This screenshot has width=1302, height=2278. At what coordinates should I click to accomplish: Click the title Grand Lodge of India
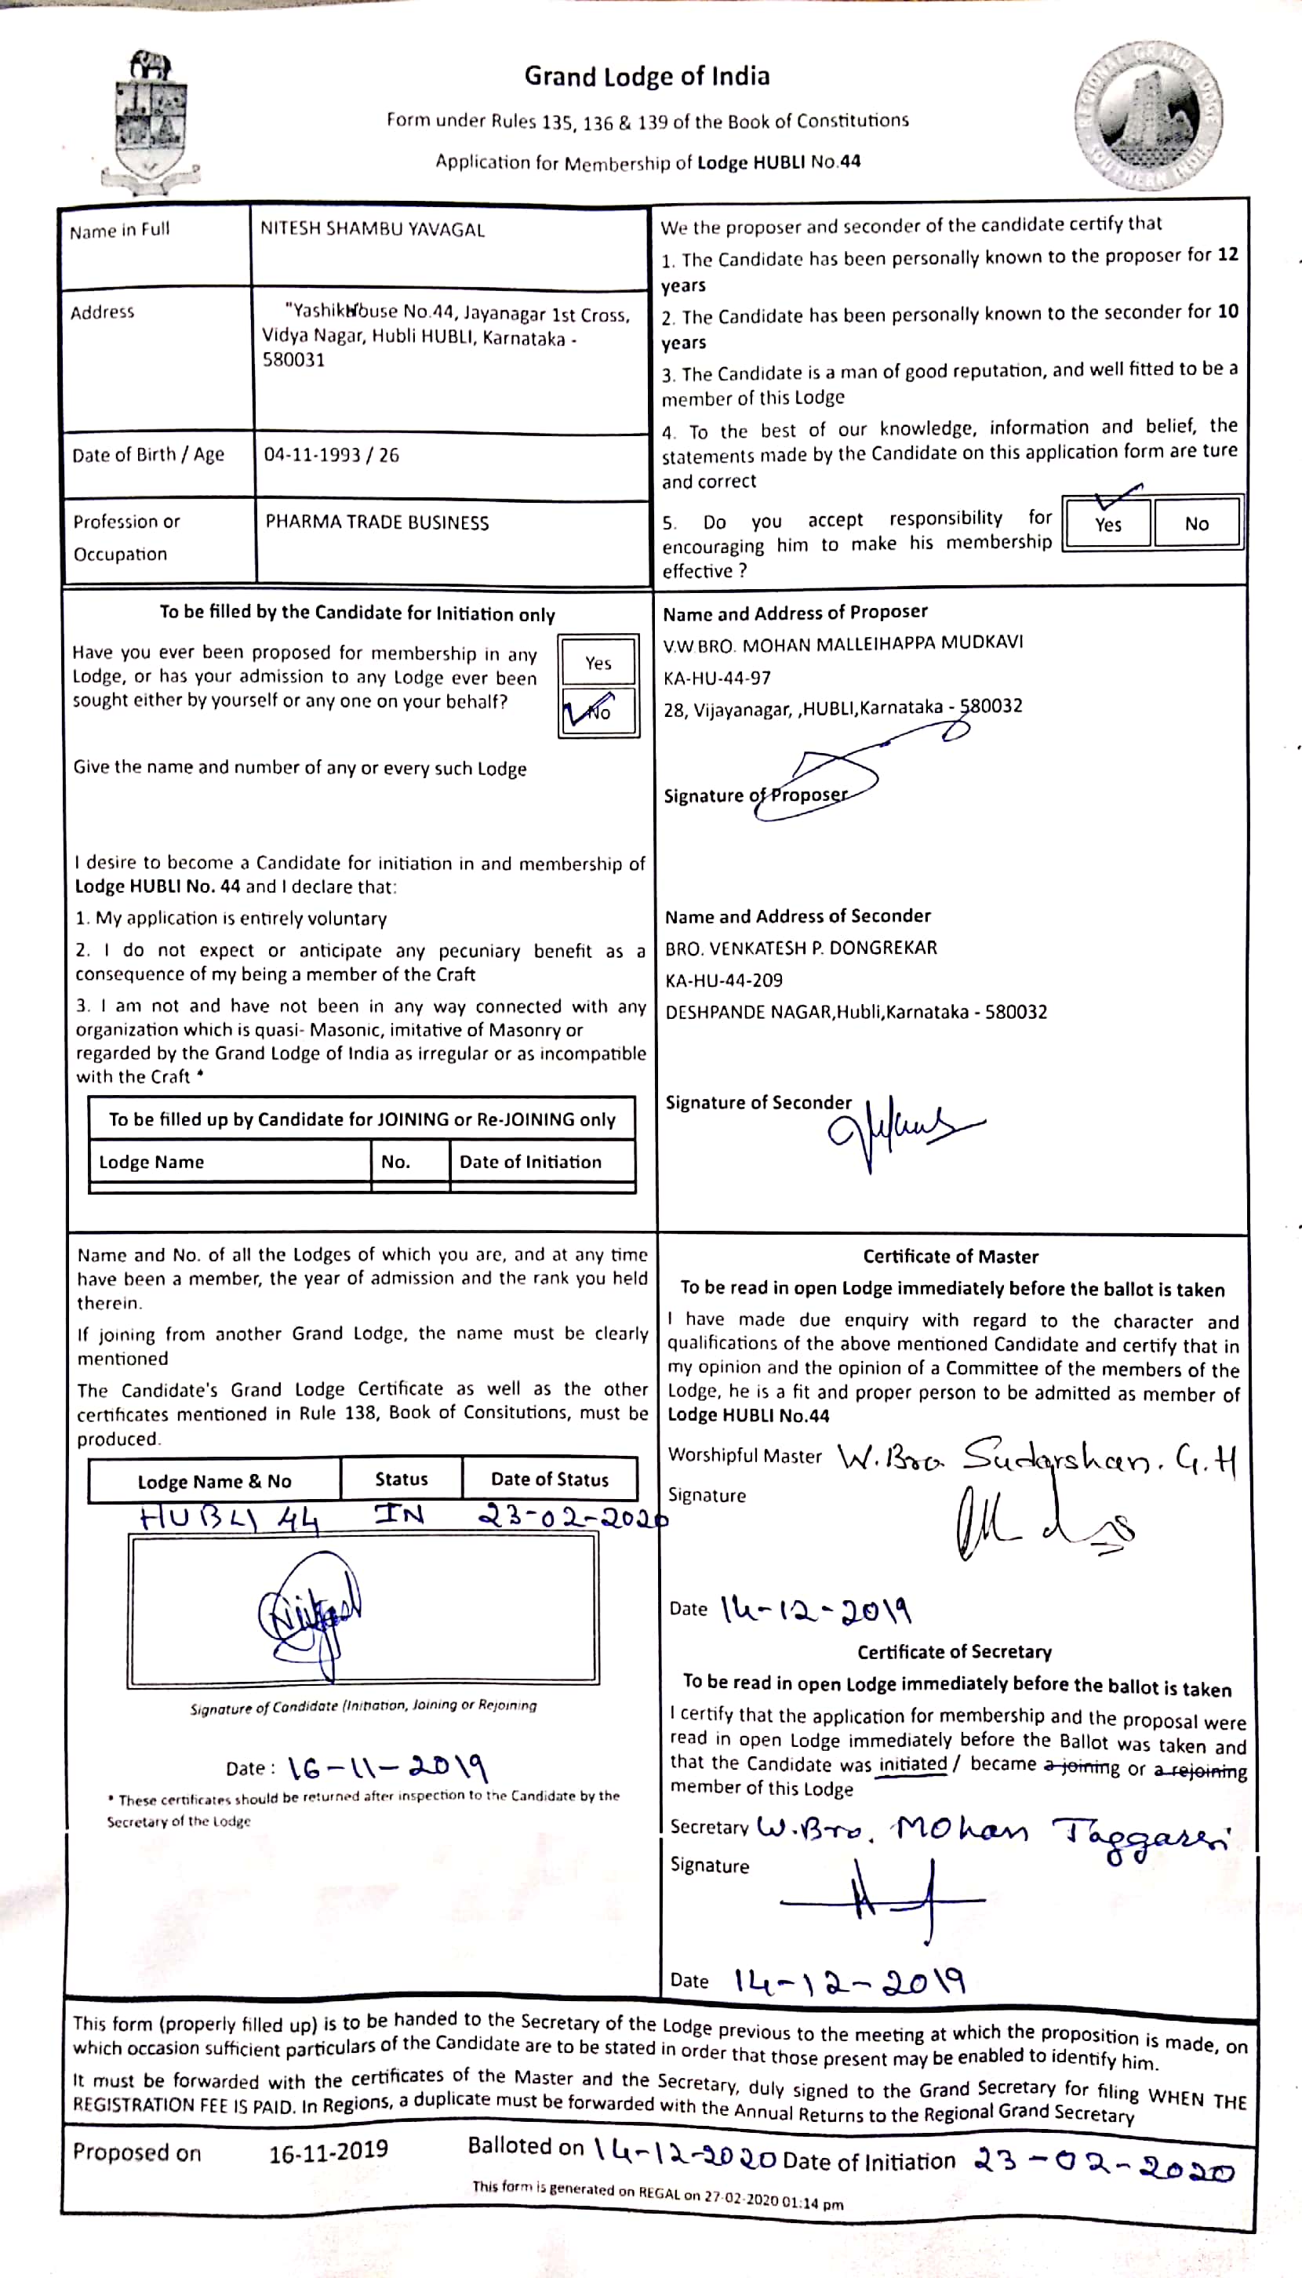click(646, 76)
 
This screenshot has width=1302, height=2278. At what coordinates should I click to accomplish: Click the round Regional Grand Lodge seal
click(1148, 116)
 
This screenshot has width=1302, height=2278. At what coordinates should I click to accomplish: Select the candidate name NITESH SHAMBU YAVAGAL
click(372, 229)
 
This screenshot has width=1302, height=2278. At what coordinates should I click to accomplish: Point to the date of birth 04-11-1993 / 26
click(331, 455)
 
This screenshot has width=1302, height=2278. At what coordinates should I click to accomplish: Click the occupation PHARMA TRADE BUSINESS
click(376, 522)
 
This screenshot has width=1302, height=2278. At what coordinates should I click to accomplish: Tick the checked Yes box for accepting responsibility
click(1107, 522)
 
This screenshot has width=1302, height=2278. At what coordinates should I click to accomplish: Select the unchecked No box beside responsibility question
click(1196, 523)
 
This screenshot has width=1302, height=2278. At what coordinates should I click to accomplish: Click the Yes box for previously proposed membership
click(598, 663)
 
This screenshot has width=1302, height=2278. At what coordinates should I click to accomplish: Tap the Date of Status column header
click(549, 1479)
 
